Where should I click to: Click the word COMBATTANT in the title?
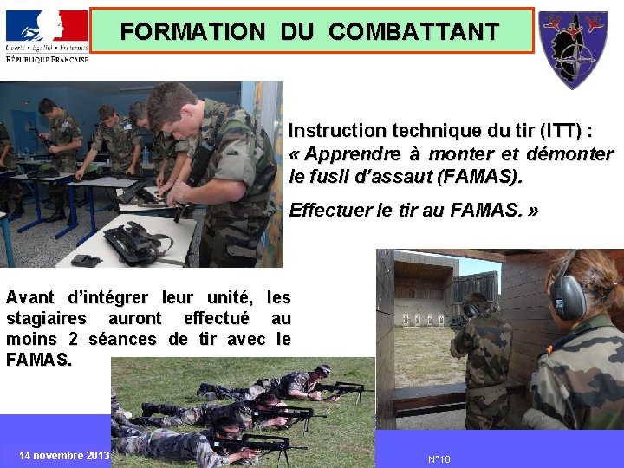tap(414, 32)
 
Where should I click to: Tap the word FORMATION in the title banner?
tap(192, 32)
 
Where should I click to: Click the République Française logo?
tap(46, 35)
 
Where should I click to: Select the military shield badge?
tap(573, 48)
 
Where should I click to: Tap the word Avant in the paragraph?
tap(29, 298)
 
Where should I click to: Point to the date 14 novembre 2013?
tap(63, 456)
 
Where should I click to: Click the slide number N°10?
tap(439, 459)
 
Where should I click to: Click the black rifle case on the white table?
tap(139, 243)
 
